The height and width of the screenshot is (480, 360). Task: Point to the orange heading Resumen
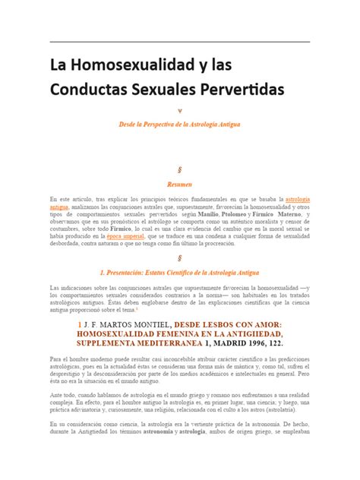click(179, 184)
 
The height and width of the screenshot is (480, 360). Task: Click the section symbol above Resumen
click(180, 169)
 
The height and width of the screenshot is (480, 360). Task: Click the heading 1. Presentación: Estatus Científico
click(180, 271)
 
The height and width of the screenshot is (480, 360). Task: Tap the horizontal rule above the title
click(180, 42)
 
